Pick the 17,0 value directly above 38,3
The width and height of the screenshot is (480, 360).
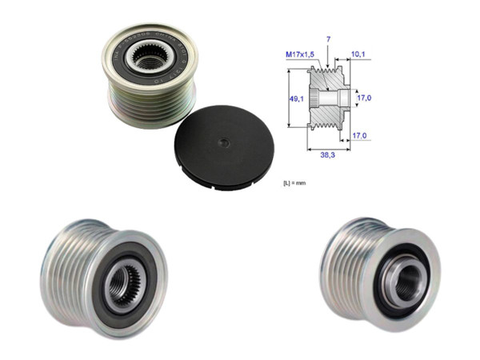[359, 136]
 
